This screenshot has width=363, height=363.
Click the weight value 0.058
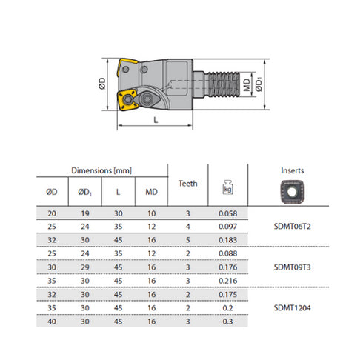pos(227,213)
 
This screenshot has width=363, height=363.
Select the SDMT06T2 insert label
pos(292,227)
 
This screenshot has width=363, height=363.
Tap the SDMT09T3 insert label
pos(292,267)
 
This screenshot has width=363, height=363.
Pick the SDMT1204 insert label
pos(292,308)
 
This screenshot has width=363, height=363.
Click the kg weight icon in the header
pos(227,187)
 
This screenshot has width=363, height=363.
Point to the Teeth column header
pos(188,184)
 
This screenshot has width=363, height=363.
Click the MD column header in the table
pos(151,192)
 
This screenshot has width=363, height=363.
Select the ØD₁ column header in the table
pos(85,192)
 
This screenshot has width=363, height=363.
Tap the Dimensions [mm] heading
pos(101,170)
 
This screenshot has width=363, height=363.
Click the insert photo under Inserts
pos(292,192)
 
